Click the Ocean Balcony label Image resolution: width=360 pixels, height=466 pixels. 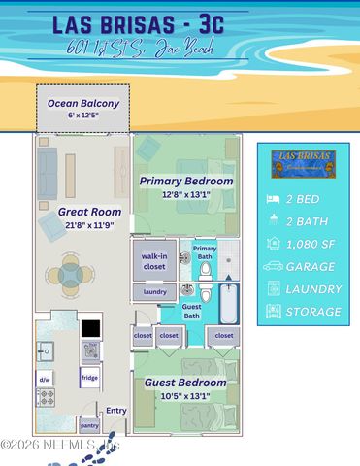[82, 103]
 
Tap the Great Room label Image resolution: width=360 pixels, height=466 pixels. [89, 211]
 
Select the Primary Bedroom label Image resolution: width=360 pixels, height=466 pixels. [185, 181]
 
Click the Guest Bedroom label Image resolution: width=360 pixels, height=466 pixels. [185, 383]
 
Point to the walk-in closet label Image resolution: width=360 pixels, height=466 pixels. [154, 259]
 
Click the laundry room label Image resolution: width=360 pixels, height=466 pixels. [154, 292]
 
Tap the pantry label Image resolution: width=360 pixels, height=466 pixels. [89, 425]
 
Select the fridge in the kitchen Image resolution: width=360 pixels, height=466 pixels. [89, 378]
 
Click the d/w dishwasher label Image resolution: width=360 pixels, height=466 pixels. [46, 379]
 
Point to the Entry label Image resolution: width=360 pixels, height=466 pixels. [116, 411]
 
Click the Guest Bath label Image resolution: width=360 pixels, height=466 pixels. [192, 311]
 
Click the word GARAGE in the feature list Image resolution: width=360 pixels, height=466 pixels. [311, 266]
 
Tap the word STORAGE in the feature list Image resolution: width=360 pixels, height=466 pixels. [313, 312]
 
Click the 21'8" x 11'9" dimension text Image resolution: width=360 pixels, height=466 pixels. [89, 225]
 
